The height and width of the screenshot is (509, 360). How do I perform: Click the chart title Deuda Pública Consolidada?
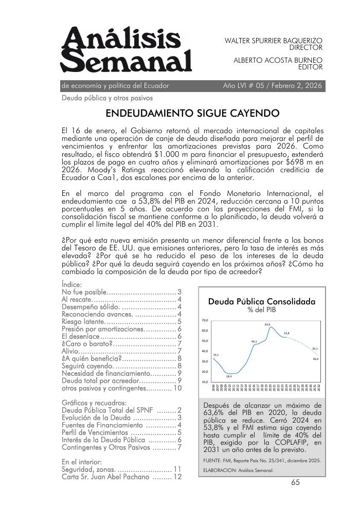pyautogui.click(x=261, y=302)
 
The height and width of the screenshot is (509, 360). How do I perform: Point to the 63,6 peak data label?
pyautogui.click(x=267, y=324)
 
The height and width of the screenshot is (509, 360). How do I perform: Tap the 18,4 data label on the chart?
pyautogui.click(x=228, y=377)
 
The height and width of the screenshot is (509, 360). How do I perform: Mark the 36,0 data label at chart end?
pyautogui.click(x=315, y=358)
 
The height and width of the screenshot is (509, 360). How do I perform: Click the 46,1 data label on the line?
pyautogui.click(x=254, y=341)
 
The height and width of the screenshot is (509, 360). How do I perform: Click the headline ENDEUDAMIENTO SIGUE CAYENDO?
pyautogui.click(x=192, y=113)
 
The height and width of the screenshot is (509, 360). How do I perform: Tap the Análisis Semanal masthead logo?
pyautogui.click(x=126, y=50)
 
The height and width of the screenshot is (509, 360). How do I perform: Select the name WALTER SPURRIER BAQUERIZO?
pyautogui.click(x=274, y=40)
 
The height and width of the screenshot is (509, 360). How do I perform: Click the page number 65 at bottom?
pyautogui.click(x=295, y=482)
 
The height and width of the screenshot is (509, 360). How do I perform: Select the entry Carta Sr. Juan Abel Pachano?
pyautogui.click(x=105, y=477)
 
